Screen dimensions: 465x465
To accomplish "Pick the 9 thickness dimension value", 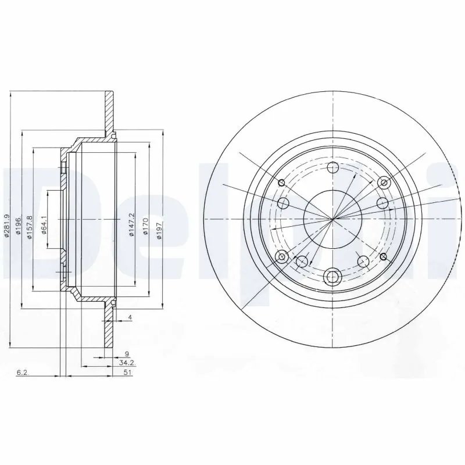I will (127, 353).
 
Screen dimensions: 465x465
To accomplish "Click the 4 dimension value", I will (131, 317).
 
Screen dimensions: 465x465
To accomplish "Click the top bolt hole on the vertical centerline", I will (333, 169).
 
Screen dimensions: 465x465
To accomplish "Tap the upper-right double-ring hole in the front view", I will (383, 183).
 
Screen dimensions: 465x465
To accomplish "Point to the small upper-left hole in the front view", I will (281, 182).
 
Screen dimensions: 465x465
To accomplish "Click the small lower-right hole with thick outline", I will (383, 256).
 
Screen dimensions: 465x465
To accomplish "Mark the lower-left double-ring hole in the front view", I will (282, 257).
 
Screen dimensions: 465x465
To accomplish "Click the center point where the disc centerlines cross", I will (333, 219).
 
